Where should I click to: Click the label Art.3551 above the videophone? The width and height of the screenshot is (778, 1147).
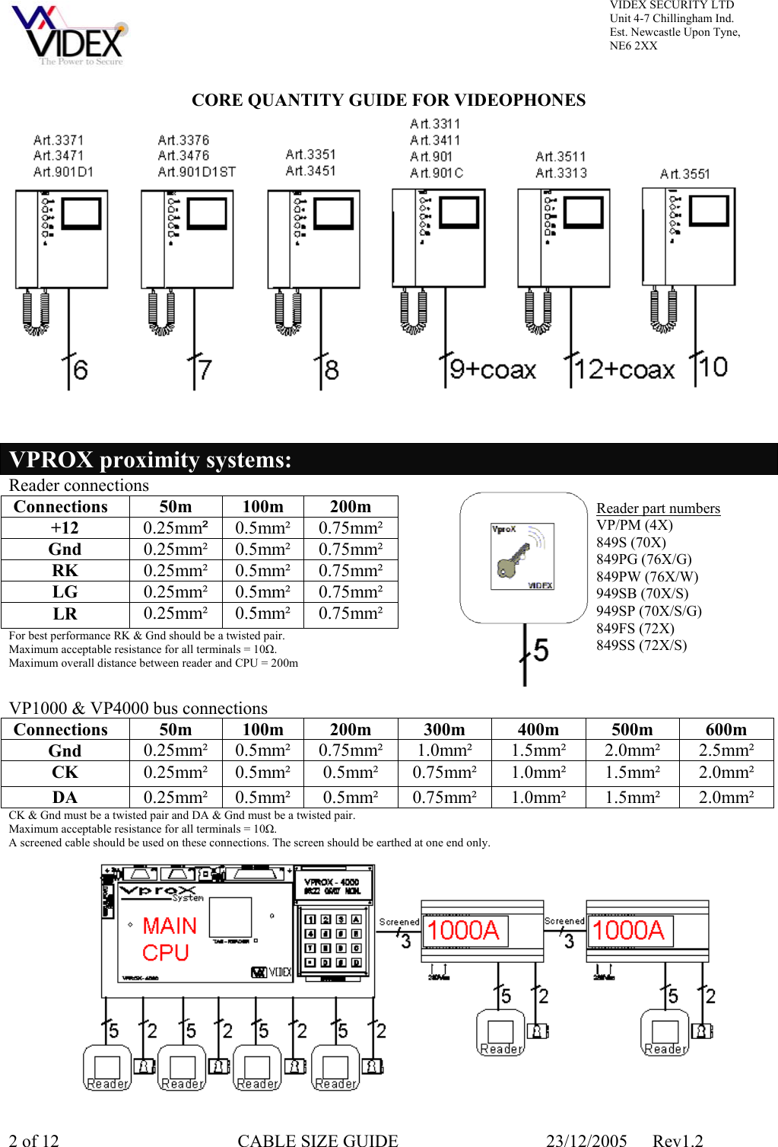click(684, 174)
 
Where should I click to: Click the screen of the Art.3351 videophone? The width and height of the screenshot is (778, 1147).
click(333, 215)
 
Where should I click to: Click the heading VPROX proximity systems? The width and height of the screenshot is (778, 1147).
click(151, 460)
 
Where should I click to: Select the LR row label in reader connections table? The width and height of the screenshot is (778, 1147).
click(65, 614)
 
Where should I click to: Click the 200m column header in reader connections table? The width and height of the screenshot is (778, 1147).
click(351, 507)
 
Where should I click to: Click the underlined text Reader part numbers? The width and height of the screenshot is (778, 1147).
click(658, 508)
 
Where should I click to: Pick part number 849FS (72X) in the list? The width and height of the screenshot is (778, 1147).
click(635, 629)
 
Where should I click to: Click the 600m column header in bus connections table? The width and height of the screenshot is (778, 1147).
click(726, 730)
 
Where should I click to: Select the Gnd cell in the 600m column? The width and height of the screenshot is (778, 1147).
click(726, 750)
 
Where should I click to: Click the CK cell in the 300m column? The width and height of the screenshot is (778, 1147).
click(444, 773)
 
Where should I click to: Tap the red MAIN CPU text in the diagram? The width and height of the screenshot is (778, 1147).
click(169, 939)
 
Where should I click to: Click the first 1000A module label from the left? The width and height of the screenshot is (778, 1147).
click(463, 931)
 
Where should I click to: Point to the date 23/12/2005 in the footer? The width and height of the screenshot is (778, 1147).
click(586, 1140)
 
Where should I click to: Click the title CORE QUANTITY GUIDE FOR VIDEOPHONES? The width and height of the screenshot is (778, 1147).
click(389, 100)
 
